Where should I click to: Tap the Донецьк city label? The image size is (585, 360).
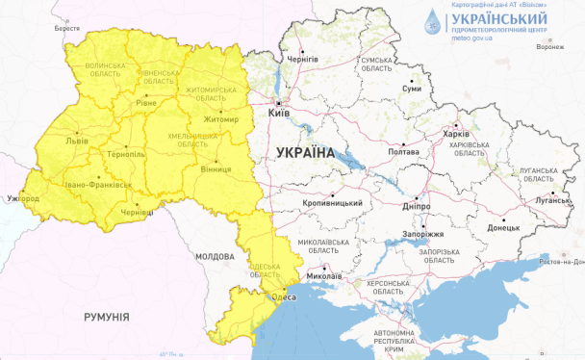(503, 228)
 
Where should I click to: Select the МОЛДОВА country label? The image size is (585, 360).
(214, 257)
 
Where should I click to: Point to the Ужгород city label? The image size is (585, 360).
(22, 198)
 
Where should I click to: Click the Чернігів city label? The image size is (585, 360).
(303, 60)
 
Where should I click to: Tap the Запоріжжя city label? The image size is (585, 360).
(420, 234)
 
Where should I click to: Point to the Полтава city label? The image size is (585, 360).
(402, 151)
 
